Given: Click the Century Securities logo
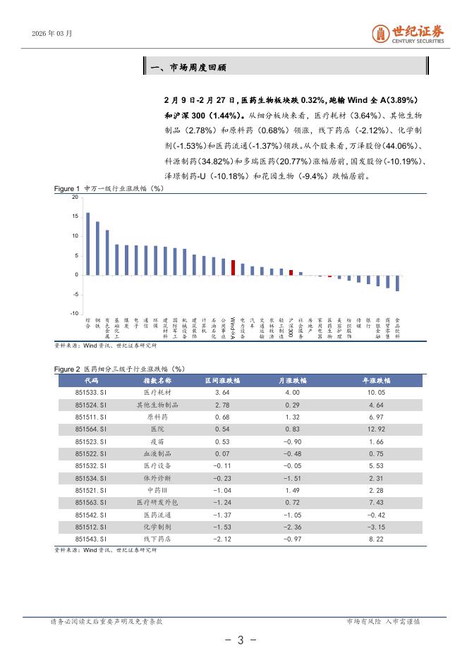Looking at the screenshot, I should coord(408,33).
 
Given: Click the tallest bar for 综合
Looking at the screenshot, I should coord(87,243).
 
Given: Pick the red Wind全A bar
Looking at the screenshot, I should coord(233,267).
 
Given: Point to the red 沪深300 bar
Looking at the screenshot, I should coord(291,271).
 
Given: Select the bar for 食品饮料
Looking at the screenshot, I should coord(397,282).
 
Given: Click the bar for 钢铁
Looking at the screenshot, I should coord(97,248).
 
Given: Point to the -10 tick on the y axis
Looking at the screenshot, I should coord(74,313).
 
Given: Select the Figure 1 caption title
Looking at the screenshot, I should coord(109,189).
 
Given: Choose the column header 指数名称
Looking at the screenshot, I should coord(152,380).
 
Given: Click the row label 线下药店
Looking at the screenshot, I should coord(152,539).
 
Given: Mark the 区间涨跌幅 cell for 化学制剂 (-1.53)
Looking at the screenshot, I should coord(222,527).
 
